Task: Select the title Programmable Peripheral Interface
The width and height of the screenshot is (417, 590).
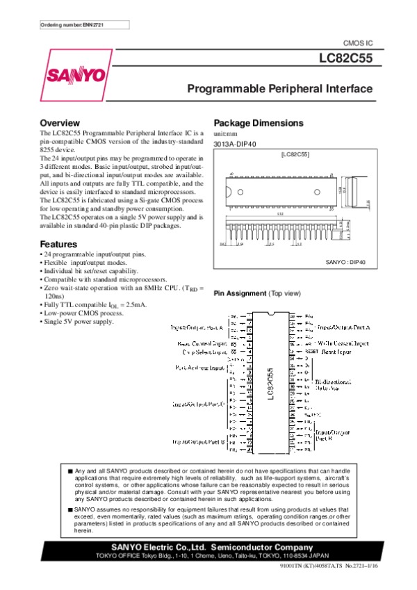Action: tap(280, 90)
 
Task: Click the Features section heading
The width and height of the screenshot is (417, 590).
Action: tap(58, 245)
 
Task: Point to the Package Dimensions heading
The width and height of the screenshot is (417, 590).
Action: tap(258, 123)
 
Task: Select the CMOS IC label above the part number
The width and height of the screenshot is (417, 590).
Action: tap(359, 42)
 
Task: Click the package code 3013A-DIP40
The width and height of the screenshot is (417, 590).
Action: tap(235, 144)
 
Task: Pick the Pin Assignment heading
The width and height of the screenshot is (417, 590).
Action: tap(238, 294)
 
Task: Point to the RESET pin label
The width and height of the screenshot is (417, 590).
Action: tap(312, 352)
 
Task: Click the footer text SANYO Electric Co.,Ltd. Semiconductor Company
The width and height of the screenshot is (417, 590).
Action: tap(212, 547)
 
